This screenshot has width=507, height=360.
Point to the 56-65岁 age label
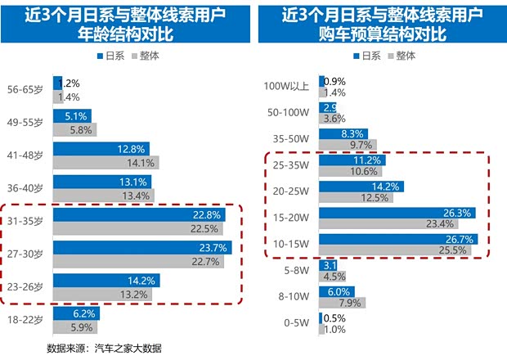point(26,89)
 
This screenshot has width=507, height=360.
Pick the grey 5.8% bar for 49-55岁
point(74,130)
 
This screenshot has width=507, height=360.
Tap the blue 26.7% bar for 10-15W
point(401,240)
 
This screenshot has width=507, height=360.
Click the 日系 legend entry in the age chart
point(110,56)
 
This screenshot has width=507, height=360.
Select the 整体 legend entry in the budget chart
point(401,56)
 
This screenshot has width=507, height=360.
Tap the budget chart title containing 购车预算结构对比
point(382,35)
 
